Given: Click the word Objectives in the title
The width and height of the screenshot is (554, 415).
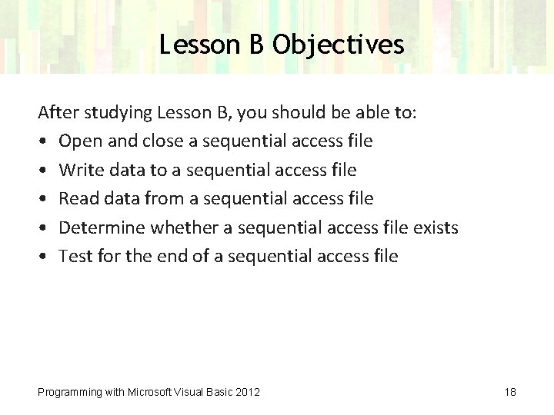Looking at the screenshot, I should [x=337, y=46].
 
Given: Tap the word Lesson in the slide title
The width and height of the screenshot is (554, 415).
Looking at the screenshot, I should [x=199, y=46].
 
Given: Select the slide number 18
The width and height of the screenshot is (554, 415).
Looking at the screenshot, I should [x=510, y=393].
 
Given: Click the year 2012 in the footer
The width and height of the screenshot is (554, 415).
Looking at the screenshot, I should [x=247, y=393].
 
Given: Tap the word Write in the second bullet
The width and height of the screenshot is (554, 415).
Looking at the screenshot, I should [x=79, y=170].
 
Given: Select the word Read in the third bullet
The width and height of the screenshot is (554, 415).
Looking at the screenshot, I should [x=77, y=199].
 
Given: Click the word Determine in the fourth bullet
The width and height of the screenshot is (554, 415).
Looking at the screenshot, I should [x=101, y=228].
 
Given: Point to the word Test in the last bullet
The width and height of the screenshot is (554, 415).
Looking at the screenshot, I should [x=75, y=257].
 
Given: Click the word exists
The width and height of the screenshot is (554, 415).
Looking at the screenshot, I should [x=435, y=228].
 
